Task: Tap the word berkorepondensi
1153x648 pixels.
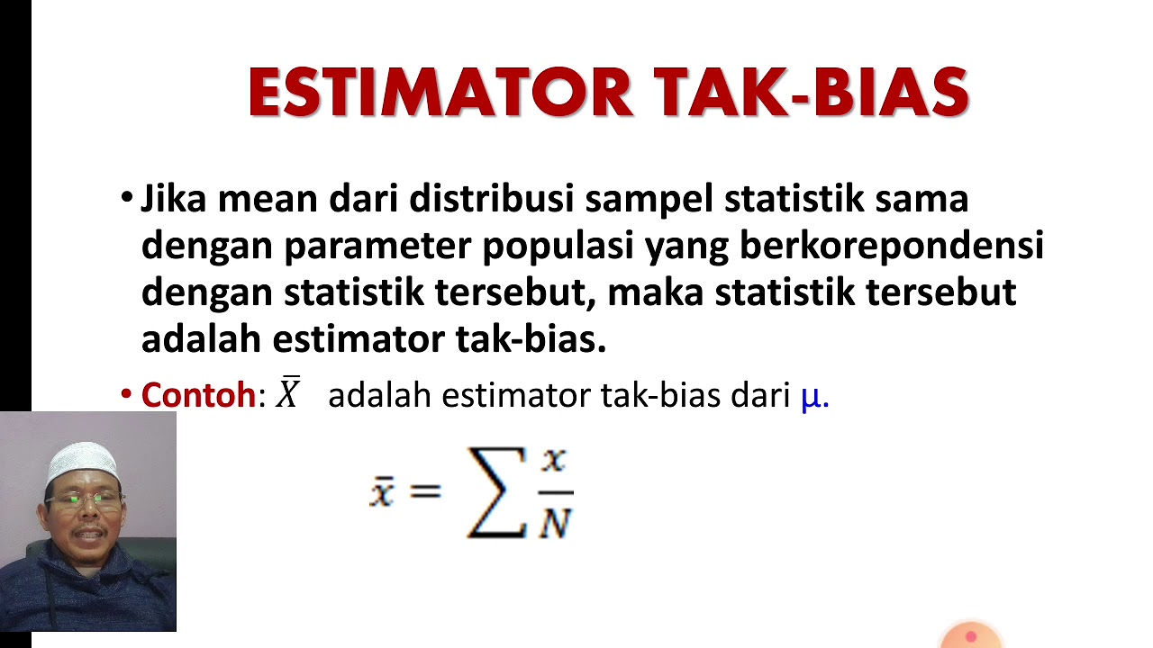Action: pos(892,246)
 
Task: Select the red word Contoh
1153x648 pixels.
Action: pos(199,395)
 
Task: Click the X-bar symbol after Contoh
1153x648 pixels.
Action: pos(288,393)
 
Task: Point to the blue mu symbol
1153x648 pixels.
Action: pos(812,397)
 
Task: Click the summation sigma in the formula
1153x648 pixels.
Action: pos(497,492)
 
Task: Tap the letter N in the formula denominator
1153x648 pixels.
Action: pos(555,521)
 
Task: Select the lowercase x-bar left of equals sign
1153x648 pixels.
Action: pos(382,491)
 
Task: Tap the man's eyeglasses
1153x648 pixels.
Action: pos(83,498)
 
